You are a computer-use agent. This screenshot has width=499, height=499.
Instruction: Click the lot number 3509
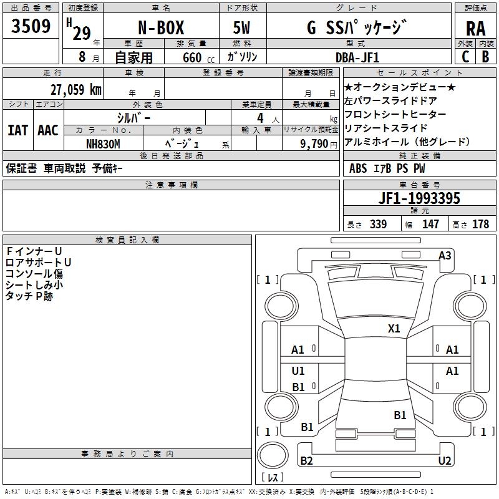31,26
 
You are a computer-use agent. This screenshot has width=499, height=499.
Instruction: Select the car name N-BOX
160,28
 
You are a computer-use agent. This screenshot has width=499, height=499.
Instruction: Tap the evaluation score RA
475,28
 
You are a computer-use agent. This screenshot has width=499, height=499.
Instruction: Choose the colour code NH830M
104,143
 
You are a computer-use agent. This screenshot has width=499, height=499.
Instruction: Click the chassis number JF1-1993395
419,198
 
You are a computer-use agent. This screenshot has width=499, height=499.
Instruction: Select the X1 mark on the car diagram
394,328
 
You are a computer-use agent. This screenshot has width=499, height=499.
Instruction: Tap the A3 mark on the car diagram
445,255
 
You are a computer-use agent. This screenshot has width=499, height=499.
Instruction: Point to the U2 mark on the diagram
445,461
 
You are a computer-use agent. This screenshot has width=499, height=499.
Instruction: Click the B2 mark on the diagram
306,461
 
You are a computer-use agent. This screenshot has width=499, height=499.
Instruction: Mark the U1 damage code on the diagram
298,371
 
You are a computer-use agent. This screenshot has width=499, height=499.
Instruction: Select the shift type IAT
17,130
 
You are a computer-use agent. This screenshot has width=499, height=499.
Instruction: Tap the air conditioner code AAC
48,130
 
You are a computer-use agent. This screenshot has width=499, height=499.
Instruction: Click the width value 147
430,224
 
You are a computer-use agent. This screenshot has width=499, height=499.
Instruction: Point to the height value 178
480,224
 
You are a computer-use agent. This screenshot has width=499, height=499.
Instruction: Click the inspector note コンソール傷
34,273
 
